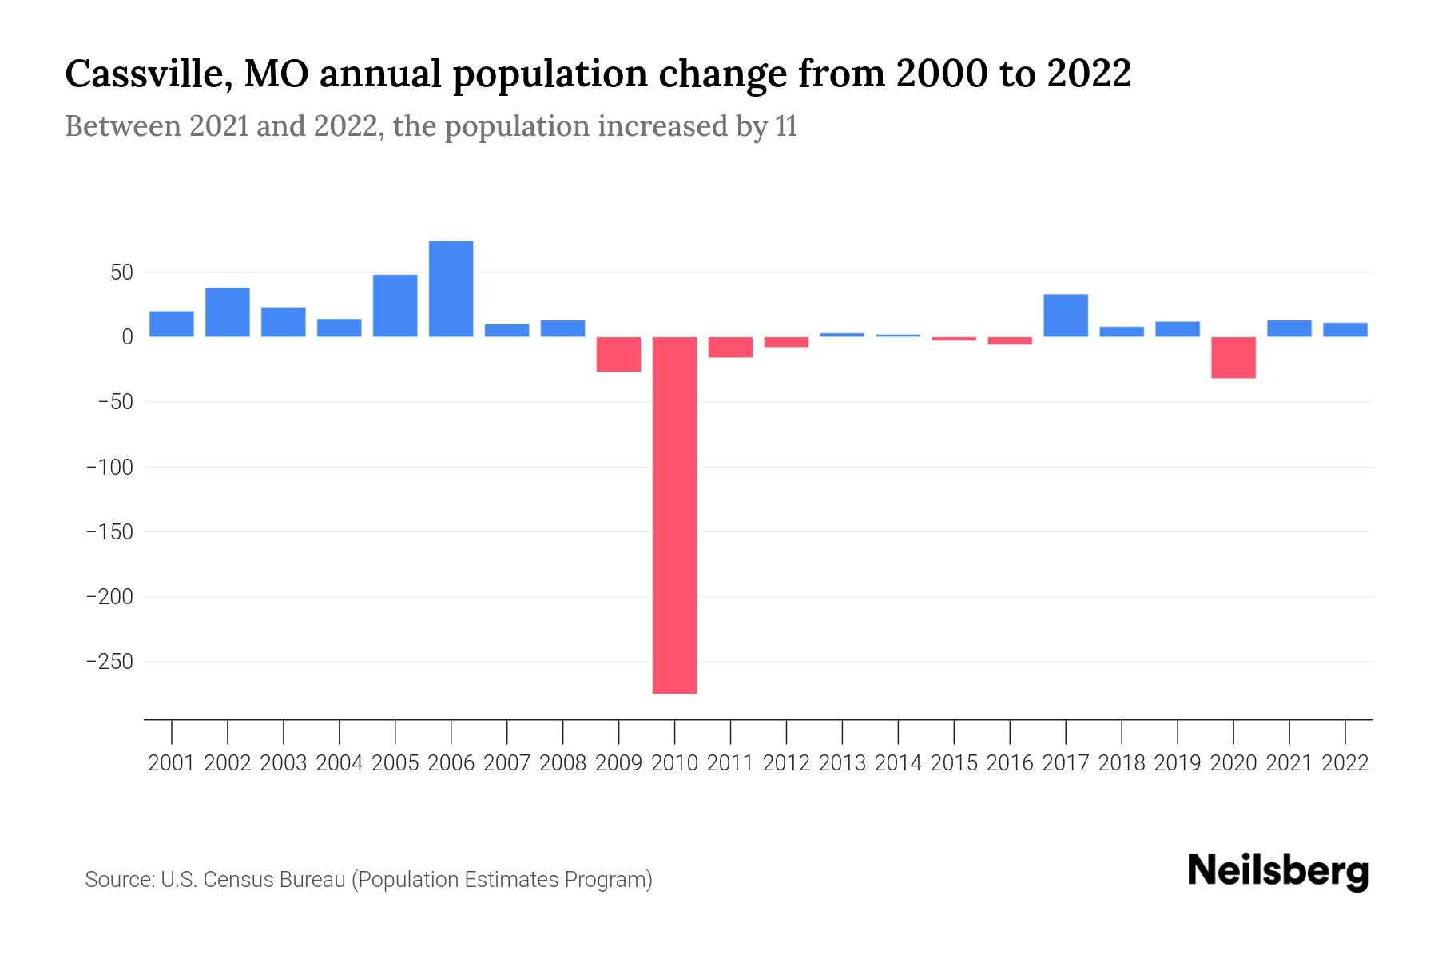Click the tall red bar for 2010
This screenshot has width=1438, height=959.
coord(674,515)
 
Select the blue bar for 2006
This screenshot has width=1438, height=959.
coord(451,288)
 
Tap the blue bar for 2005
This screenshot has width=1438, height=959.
coord(395,305)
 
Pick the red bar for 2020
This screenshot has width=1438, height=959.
coord(1233,357)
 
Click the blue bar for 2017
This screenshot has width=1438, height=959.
coord(1065,316)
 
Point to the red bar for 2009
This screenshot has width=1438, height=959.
coord(618,354)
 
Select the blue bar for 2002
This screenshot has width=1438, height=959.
coord(228,312)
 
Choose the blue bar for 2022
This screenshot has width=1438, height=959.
coord(1345,329)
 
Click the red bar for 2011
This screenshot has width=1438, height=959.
coord(730,347)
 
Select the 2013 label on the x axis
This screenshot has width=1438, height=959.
coord(842,763)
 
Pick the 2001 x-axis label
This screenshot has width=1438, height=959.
coord(172,763)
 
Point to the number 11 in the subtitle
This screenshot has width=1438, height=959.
coord(785,127)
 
